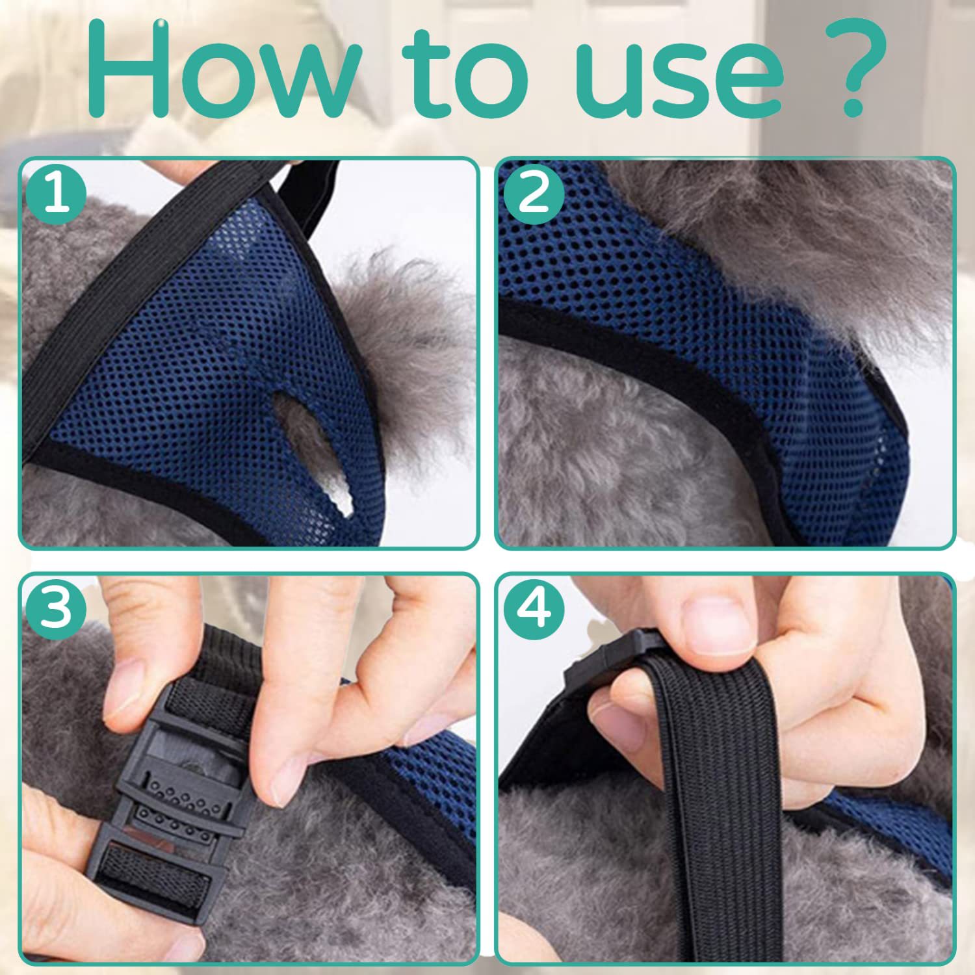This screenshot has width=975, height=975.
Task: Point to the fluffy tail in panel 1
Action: click(403, 338)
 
